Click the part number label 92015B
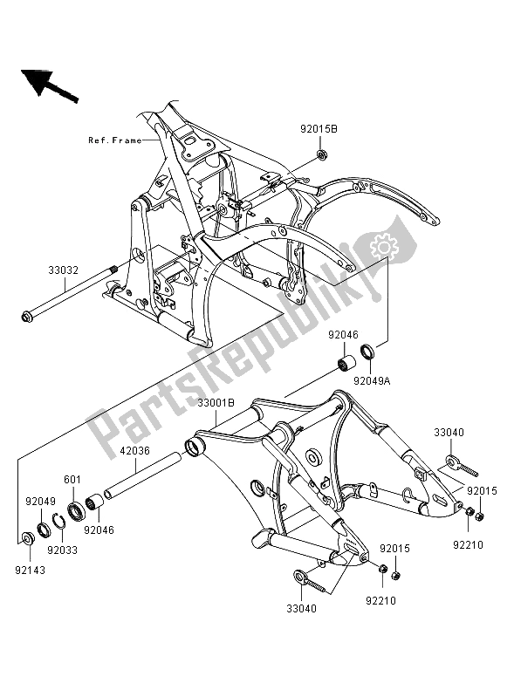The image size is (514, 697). click(319, 129)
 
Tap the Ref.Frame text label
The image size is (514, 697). click(115, 140)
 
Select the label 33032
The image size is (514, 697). click(63, 270)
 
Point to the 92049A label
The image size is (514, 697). click(372, 381)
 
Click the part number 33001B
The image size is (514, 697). click(216, 403)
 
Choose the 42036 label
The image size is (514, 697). click(134, 451)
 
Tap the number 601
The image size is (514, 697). click(72, 479)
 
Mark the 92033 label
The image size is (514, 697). click(63, 550)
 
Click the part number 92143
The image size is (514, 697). click(31, 570)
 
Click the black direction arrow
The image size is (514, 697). click(49, 85)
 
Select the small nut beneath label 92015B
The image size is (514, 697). click(320, 155)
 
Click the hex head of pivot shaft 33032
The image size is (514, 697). click(26, 317)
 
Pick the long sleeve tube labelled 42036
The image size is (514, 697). click(143, 475)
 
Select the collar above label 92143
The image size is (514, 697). click(27, 538)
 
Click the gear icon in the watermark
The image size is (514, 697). click(381, 245)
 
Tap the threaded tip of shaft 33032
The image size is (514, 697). click(113, 268)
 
